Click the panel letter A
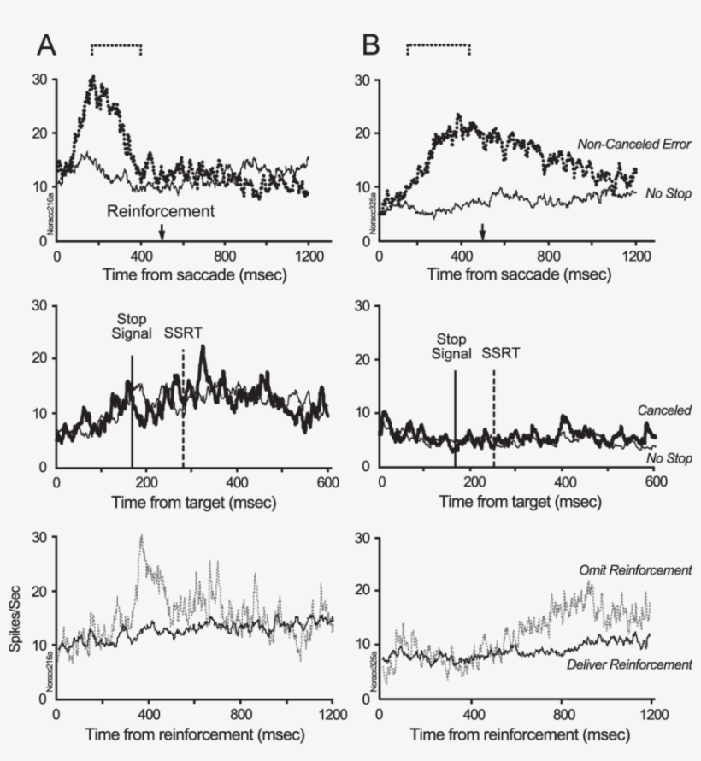tap(45, 45)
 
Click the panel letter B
tap(371, 45)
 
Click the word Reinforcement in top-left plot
tap(161, 209)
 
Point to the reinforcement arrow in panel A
tap(162, 231)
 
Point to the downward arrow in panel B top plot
tap(482, 231)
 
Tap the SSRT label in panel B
tap(499, 351)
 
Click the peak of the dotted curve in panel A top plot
tap(93, 78)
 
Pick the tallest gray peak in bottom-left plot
tap(141, 537)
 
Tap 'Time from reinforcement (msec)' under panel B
tap(520, 735)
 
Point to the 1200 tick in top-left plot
tap(308, 255)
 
